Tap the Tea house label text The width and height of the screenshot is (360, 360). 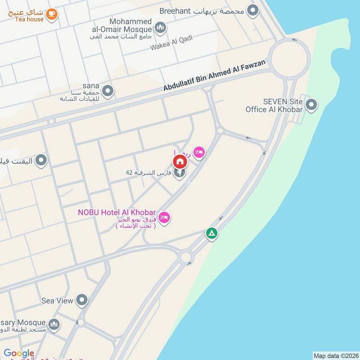tap(29, 19)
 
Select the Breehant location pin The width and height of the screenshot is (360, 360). tap(253, 10)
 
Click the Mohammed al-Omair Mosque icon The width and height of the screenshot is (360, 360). tap(160, 29)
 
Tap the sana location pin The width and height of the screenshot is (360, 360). tap(108, 91)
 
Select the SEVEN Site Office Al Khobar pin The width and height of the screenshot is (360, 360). tap(311, 105)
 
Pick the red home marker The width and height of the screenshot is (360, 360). tap(180, 161)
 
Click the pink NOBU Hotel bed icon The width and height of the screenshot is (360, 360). tap(165, 217)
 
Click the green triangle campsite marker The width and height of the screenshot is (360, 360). tap(211, 234)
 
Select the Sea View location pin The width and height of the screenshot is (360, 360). tap(81, 300)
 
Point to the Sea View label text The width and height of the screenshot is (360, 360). tap(57, 301)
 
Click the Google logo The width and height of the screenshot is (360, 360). tap(19, 354)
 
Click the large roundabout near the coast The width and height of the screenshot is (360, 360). tap(290, 58)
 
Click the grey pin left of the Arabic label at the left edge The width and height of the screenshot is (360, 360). tap(41, 160)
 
